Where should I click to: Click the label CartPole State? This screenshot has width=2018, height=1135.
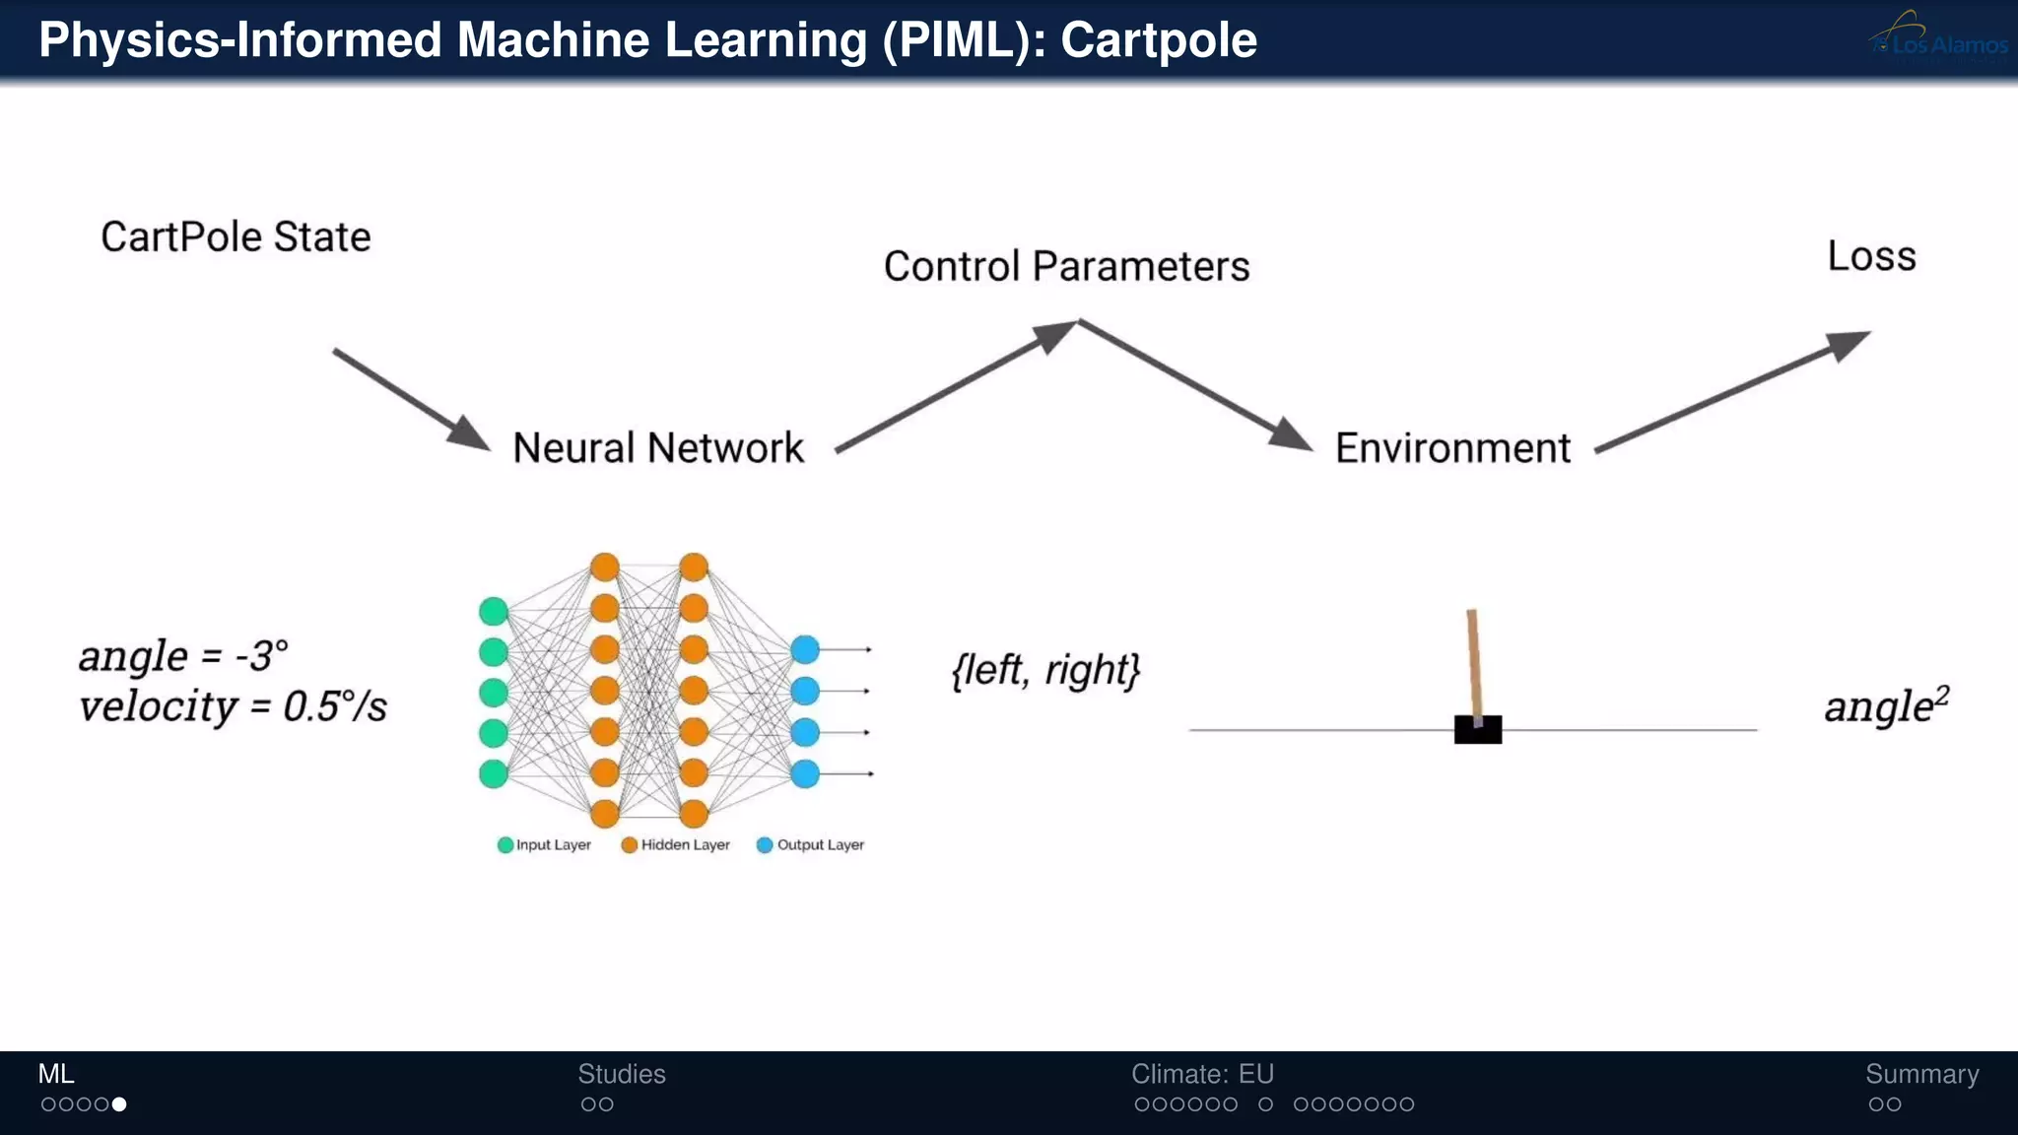[x=235, y=236]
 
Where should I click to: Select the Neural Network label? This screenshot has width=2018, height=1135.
[x=658, y=448]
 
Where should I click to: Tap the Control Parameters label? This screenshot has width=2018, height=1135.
[x=1066, y=266]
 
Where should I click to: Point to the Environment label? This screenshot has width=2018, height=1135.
[x=1452, y=448]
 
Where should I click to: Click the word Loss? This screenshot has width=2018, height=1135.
[x=1871, y=256]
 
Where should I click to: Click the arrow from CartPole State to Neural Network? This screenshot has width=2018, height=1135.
[x=411, y=399]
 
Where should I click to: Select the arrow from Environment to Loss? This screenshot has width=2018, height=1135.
[x=1732, y=391]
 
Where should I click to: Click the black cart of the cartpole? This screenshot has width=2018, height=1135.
[x=1478, y=730]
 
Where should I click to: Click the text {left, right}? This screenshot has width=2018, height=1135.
[x=1045, y=670]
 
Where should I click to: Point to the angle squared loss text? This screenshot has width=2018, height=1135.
[x=1886, y=705]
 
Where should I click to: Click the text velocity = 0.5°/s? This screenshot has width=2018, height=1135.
[x=233, y=706]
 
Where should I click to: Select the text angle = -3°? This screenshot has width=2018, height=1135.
[x=183, y=656]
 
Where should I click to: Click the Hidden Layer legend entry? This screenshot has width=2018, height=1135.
[x=676, y=845]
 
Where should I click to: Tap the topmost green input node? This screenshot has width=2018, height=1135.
[x=494, y=611]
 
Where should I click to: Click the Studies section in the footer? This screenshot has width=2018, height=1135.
[x=621, y=1074]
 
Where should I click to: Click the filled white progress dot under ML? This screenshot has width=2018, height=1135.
[x=119, y=1104]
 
